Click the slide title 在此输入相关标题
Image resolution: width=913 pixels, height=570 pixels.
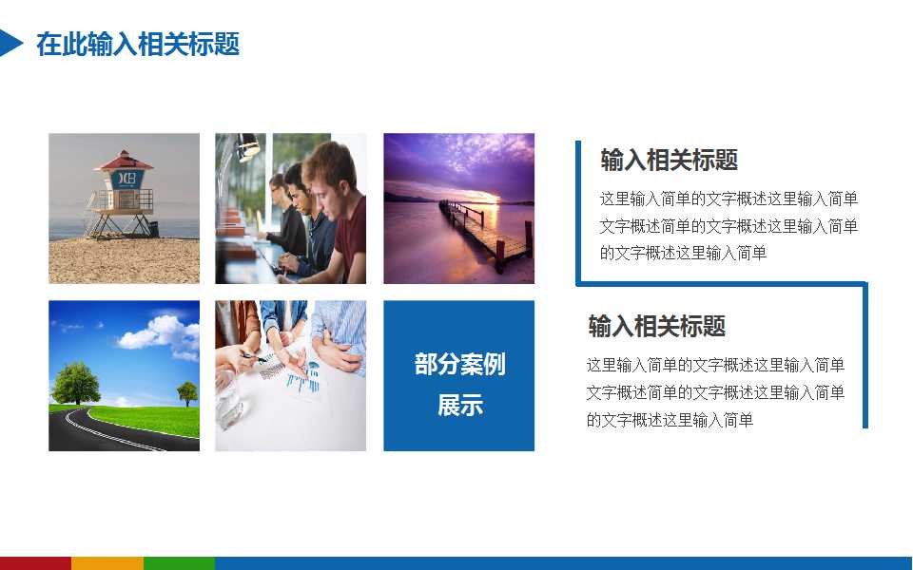click(x=138, y=44)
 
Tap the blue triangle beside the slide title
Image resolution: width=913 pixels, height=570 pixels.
click(x=10, y=43)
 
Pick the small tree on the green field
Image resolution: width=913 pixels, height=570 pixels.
click(x=187, y=390)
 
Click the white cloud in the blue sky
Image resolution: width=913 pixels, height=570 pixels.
click(x=158, y=332)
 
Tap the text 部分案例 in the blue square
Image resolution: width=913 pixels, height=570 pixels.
click(x=459, y=364)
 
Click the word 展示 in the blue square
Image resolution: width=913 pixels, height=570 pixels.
click(x=459, y=406)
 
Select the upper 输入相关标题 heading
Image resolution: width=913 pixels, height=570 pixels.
click(x=669, y=161)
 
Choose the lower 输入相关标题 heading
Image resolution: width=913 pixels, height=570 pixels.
click(x=656, y=327)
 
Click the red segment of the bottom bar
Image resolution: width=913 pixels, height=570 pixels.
click(x=35, y=563)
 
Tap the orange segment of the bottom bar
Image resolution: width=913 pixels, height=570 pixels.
click(x=107, y=563)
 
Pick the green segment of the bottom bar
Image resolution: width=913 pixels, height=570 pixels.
click(x=179, y=563)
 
